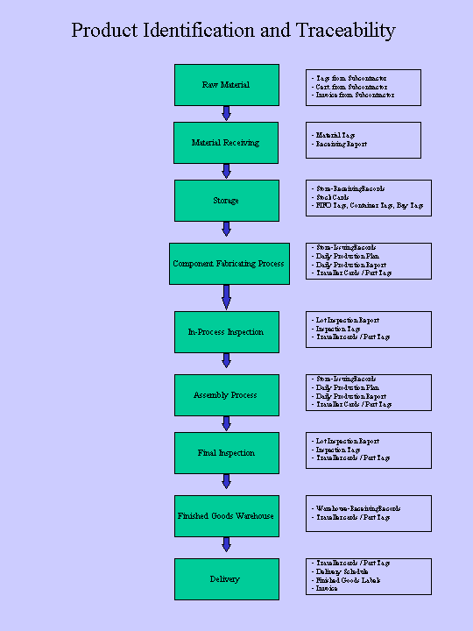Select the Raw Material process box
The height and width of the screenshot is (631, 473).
click(226, 85)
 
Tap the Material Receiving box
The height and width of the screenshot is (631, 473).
click(226, 143)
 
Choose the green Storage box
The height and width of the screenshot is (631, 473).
click(226, 201)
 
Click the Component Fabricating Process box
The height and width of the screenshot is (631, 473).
click(229, 264)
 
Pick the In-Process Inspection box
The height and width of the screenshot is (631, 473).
click(226, 332)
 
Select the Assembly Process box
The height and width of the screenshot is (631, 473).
click(226, 395)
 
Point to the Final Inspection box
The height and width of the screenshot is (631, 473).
click(226, 453)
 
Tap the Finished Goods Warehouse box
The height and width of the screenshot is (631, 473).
click(226, 516)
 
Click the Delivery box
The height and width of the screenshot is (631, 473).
click(226, 579)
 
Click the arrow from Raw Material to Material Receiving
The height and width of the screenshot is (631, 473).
click(226, 113)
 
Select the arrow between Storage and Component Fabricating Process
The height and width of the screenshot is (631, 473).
click(226, 229)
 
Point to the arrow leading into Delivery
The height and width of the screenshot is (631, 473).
click(226, 544)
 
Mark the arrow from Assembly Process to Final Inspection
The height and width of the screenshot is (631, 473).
click(226, 423)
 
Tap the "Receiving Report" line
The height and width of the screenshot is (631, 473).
click(341, 144)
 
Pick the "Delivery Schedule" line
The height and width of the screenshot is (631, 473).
click(348, 571)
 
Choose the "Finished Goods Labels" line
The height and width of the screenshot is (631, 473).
click(349, 580)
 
